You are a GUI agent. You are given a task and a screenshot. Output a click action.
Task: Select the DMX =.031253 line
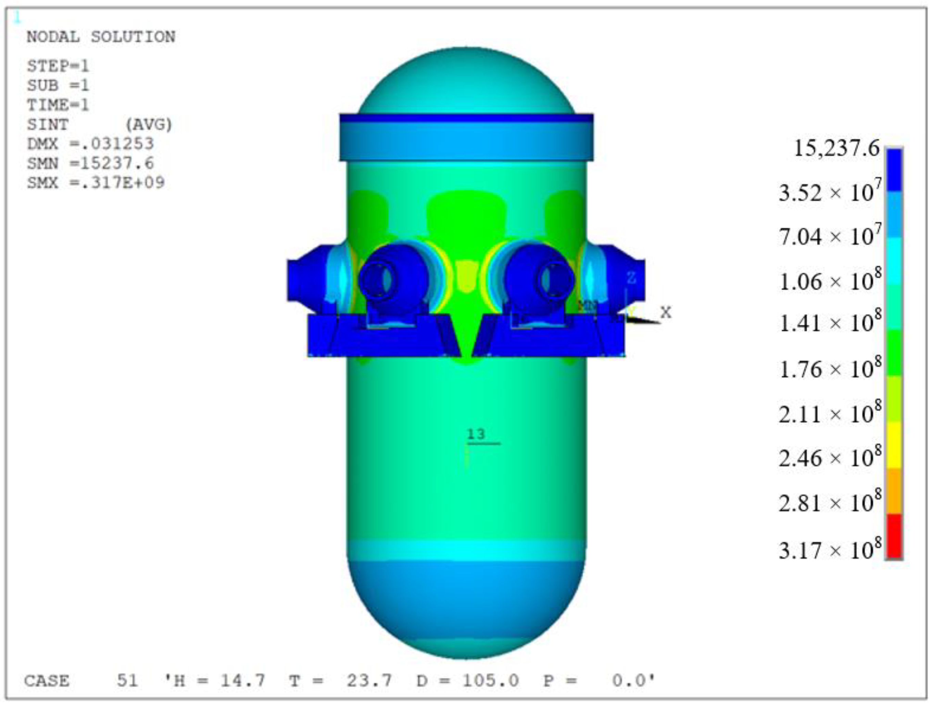click(x=90, y=144)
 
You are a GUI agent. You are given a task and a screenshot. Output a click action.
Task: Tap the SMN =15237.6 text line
click(x=90, y=163)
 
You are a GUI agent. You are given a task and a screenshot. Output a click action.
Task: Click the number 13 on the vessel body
click(x=476, y=434)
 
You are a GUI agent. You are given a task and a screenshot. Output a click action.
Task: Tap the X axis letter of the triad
click(x=666, y=313)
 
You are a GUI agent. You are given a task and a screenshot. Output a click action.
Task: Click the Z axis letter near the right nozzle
click(x=631, y=278)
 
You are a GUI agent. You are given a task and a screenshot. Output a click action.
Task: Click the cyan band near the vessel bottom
click(x=466, y=550)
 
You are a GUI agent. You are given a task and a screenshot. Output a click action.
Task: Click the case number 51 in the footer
click(x=127, y=680)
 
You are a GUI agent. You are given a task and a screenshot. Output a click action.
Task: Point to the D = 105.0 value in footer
click(x=468, y=680)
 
